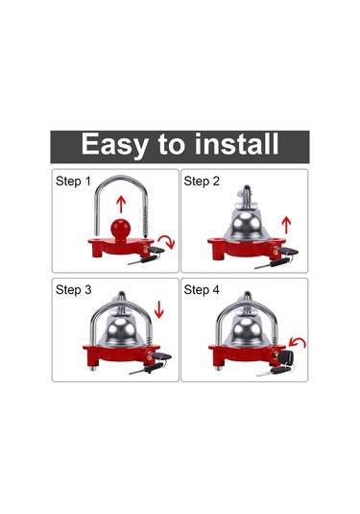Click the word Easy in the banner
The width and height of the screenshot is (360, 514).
pos(114,144)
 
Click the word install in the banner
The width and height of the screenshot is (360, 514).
pos(236,143)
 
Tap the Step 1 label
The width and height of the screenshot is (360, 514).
pos(73,181)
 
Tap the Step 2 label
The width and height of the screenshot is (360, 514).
pos(202,181)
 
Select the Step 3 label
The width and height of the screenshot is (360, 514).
pos(73,290)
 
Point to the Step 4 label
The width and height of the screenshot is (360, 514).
pos(202,290)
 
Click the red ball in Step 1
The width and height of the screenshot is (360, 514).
pos(121,229)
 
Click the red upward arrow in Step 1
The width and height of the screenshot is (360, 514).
pos(121,205)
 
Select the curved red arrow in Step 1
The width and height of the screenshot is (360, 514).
pos(168,241)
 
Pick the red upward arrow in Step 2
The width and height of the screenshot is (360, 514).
pos(286,225)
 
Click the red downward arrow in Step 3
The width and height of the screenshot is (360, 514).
pos(158,309)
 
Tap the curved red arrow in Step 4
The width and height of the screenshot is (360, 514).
pos(298,343)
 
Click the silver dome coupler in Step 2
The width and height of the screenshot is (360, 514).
pos(247,222)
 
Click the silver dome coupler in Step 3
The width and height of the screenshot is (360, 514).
pos(122,330)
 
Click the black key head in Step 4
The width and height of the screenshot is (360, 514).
pos(286,356)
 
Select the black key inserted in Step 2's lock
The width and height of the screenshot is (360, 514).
pos(288,252)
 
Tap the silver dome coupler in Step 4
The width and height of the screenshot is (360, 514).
pos(247,330)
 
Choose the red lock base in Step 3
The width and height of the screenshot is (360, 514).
pos(121,355)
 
